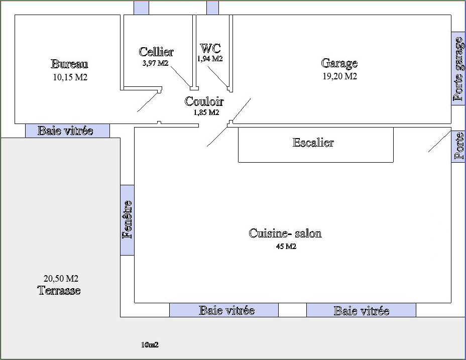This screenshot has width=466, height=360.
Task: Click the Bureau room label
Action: point(69,64)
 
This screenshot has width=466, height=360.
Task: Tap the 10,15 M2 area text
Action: point(70,77)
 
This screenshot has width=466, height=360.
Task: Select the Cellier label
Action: point(156,52)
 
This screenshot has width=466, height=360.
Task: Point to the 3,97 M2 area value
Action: point(156,63)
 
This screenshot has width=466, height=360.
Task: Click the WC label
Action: point(210,48)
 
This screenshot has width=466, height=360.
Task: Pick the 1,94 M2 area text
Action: point(210,59)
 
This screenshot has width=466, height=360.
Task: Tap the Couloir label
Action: point(204,101)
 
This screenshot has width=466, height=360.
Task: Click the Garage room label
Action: point(339,63)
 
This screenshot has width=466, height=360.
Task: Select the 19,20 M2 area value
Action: point(339,76)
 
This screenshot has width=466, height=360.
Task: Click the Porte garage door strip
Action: point(458,68)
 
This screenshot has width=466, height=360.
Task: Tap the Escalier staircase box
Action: point(316,145)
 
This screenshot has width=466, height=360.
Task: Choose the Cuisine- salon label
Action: point(285,233)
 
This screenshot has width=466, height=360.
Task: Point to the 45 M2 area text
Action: point(286,247)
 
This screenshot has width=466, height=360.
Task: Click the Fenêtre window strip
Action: point(127,220)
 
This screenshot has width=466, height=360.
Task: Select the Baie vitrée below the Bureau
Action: point(67,131)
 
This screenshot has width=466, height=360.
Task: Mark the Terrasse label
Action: point(59,290)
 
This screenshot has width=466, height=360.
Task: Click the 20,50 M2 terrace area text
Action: point(61,279)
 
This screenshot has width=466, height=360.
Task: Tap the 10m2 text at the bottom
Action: point(150,345)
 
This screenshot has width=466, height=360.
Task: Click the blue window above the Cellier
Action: point(141,8)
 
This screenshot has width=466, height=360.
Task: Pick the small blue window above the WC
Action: point(212,8)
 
